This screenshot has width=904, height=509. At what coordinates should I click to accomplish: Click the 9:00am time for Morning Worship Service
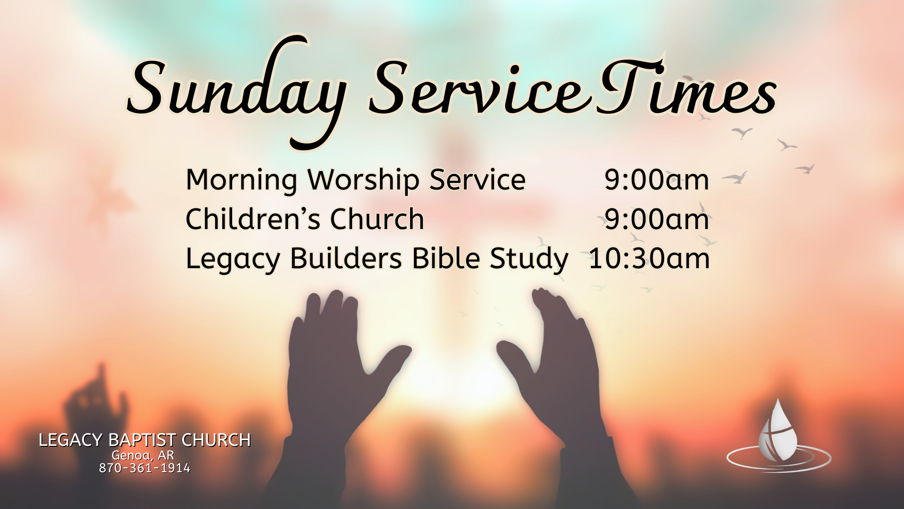[657, 180]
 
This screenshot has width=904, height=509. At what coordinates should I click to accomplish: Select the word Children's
[254, 219]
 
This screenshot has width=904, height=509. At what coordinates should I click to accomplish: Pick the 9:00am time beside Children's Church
[657, 220]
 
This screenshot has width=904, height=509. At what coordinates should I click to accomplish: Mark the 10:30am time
[649, 259]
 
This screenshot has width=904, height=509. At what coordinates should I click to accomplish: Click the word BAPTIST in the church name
[142, 440]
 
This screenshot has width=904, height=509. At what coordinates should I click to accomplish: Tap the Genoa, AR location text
[143, 456]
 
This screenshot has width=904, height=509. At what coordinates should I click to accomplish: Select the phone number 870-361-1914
[145, 468]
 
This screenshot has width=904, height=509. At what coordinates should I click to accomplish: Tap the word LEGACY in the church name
[70, 440]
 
